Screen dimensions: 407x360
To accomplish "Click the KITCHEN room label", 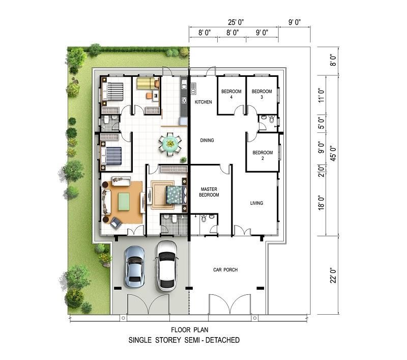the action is tap(203, 102).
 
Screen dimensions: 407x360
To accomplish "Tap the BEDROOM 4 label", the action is tap(231, 94).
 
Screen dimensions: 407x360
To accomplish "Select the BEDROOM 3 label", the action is tap(261, 94).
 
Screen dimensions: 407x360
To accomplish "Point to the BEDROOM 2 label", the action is tap(263, 155).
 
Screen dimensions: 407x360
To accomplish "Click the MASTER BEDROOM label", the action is tap(209, 192).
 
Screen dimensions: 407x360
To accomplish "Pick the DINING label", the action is tap(207, 140).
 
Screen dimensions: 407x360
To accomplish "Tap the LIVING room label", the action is tap(256, 203).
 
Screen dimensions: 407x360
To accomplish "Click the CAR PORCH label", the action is tap(225, 270).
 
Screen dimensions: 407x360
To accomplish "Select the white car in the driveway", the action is tap(167, 265).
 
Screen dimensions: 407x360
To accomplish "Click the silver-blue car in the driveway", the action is tap(134, 266).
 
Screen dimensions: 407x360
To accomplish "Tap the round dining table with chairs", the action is tap(170, 144).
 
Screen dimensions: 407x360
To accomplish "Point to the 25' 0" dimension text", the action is tap(236, 22).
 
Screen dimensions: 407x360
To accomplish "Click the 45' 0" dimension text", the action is tap(333, 153).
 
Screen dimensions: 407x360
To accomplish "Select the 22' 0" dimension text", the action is tap(333, 275).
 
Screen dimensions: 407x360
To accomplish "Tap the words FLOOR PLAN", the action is tap(189, 330).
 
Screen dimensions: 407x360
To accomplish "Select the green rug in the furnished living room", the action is tap(124, 202).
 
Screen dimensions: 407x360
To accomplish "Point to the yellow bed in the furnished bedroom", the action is tap(146, 84).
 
